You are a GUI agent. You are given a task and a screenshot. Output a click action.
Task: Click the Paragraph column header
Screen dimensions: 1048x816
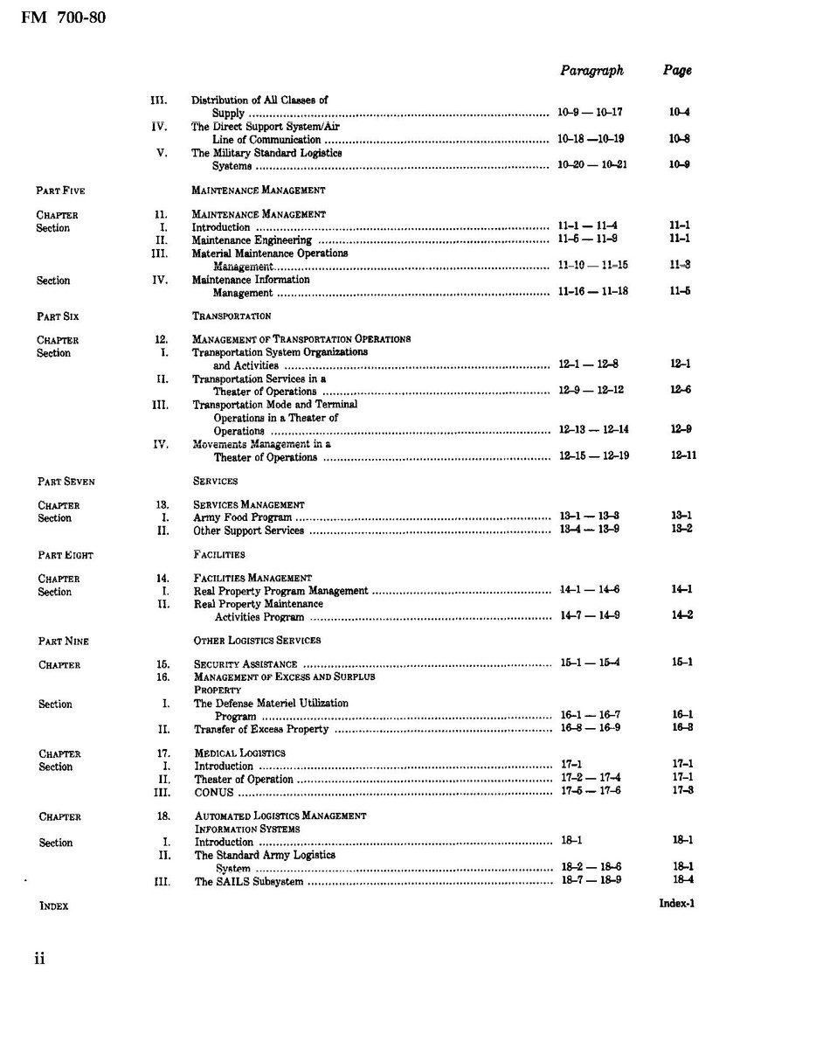click(x=591, y=71)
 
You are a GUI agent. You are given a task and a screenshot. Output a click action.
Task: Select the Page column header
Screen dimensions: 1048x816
click(x=677, y=71)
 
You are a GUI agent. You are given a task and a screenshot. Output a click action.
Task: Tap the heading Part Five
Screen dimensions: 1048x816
click(x=60, y=191)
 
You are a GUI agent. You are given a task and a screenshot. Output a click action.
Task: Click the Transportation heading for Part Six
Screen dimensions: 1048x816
click(x=232, y=316)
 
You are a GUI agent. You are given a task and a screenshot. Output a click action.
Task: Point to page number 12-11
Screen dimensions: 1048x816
click(x=683, y=455)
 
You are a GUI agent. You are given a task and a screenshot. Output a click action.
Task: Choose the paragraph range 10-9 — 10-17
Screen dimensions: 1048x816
click(x=590, y=113)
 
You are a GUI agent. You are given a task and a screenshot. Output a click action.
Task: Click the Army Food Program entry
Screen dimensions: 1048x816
click(x=243, y=518)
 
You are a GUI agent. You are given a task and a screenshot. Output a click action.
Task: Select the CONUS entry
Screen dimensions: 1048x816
click(x=214, y=793)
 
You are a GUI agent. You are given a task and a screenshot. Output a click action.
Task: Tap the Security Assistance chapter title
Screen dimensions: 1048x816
click(x=245, y=664)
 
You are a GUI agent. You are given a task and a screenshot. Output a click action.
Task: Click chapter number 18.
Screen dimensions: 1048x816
click(x=163, y=816)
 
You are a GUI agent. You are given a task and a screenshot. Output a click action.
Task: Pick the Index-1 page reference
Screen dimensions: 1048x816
click(x=676, y=904)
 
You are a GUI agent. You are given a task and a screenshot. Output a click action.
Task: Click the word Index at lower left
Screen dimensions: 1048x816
click(x=54, y=906)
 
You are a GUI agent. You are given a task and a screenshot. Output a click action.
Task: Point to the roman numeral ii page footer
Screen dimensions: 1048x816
click(x=39, y=959)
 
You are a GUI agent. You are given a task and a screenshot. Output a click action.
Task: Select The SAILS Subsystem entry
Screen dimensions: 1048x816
click(x=249, y=882)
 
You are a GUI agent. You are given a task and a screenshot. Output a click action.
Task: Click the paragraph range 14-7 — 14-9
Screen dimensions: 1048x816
click(x=591, y=616)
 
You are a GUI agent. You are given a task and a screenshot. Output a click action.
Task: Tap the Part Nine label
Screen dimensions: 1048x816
click(x=63, y=642)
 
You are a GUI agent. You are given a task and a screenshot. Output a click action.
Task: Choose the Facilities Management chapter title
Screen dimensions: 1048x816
click(x=252, y=579)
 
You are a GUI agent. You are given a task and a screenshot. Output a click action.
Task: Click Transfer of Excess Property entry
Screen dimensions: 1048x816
click(x=261, y=729)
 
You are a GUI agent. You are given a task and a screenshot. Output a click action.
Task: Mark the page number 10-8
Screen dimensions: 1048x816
click(x=680, y=139)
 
